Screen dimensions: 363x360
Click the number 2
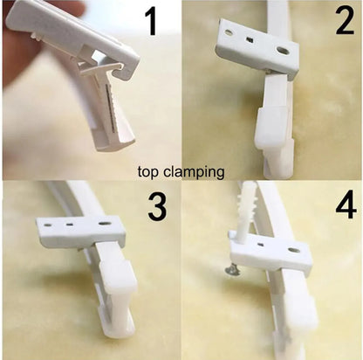[x=345, y=20]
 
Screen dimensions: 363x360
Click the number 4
[x=346, y=204]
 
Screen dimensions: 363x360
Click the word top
[x=148, y=172]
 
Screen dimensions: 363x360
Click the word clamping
[x=194, y=172]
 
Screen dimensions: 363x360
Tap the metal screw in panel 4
[x=233, y=270]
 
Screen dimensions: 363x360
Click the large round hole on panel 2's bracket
[x=283, y=51]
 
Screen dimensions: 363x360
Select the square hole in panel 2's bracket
[x=249, y=39]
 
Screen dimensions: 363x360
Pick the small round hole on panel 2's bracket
[x=229, y=32]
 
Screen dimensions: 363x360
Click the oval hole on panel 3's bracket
[x=105, y=224]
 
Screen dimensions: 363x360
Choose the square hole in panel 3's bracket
[x=70, y=225]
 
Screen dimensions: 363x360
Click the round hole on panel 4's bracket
[x=293, y=250]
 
